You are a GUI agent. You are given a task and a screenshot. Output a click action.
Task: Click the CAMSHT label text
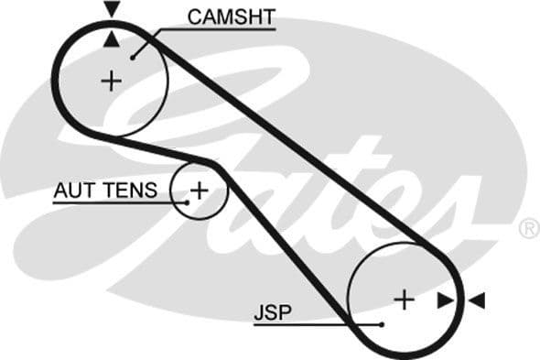tap(231, 16)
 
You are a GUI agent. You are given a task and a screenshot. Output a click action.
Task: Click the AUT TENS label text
tap(106, 191)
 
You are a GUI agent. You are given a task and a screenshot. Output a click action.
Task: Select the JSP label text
tap(272, 312)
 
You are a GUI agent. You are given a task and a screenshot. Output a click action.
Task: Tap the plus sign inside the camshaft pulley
tap(111, 81)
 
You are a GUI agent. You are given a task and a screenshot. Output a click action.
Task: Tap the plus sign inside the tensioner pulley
tap(199, 191)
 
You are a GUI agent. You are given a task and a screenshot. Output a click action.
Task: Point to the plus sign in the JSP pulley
tap(404, 299)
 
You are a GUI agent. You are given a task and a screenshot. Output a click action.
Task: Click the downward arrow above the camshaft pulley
tap(112, 9)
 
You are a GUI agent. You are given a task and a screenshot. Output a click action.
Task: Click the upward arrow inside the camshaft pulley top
tap(112, 38)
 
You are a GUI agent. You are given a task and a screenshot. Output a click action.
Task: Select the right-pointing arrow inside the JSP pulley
tap(445, 300)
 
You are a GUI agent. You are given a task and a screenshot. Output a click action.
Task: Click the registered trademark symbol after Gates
tap(529, 227)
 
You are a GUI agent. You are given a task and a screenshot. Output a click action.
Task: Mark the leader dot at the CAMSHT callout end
tap(134, 57)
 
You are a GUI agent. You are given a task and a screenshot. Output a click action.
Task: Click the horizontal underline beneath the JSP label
tap(302, 324)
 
